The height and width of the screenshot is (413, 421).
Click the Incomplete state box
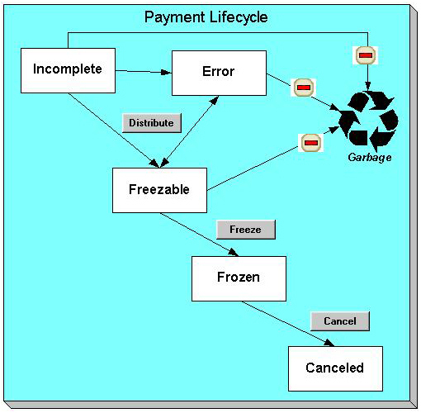tap(67, 69)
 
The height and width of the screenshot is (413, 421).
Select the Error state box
tap(219, 72)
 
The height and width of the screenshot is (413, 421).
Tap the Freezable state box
tap(159, 189)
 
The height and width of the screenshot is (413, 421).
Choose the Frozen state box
tap(239, 278)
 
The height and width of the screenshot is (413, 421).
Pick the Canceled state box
tap(334, 368)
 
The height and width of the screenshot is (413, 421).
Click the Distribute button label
tap(151, 122)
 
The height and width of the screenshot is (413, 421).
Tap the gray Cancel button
tap(339, 320)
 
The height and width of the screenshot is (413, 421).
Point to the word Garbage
tap(369, 157)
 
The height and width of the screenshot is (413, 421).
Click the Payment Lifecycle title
tap(206, 17)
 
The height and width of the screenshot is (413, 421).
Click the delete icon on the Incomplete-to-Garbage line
tap(366, 55)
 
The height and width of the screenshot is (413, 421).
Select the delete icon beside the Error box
tap(304, 87)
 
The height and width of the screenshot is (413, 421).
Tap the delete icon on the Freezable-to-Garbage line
tap(310, 142)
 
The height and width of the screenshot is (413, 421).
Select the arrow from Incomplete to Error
tap(142, 72)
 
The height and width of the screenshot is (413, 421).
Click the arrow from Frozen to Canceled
tap(289, 324)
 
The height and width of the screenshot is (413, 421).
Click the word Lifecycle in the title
tap(239, 17)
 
